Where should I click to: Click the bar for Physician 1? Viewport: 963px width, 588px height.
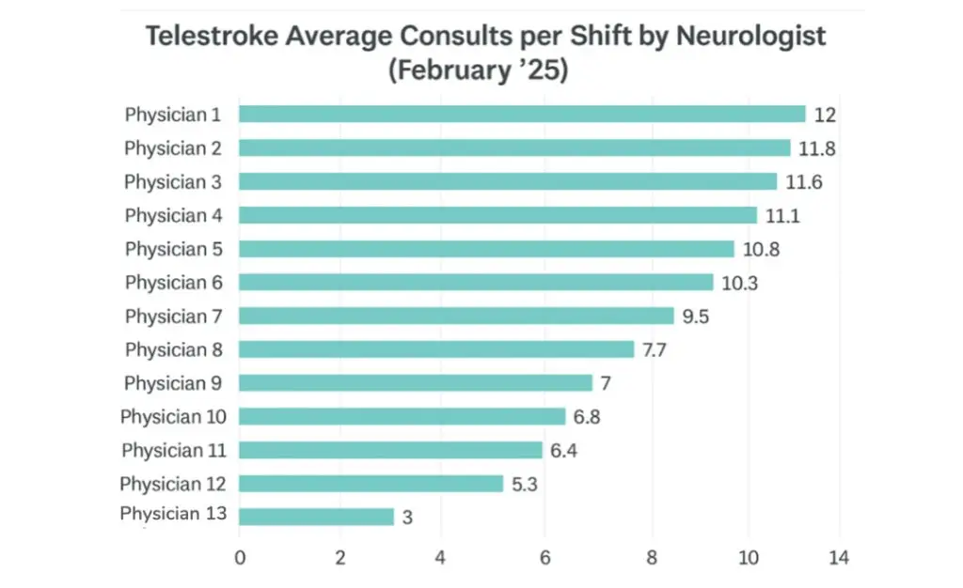pyautogui.click(x=522, y=115)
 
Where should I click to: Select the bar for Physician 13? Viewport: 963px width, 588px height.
pyautogui.click(x=316, y=517)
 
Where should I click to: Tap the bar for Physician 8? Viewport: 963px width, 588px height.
pyautogui.click(x=436, y=349)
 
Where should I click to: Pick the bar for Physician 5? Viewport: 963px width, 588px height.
pyautogui.click(x=486, y=249)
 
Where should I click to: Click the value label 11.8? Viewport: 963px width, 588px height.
pyautogui.click(x=817, y=148)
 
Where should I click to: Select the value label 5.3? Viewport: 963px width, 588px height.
pyautogui.click(x=525, y=484)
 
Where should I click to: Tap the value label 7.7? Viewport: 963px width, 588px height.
pyautogui.click(x=655, y=349)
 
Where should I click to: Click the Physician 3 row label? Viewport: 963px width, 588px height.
pyautogui.click(x=173, y=181)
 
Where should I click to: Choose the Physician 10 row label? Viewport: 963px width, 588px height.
pyautogui.click(x=173, y=416)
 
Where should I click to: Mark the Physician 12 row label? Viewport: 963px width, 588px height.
pyautogui.click(x=173, y=484)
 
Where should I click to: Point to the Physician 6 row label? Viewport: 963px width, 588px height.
pyautogui.click(x=173, y=282)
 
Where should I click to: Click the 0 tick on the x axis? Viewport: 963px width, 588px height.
pyautogui.click(x=240, y=557)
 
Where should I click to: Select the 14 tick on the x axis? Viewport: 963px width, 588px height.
pyautogui.click(x=839, y=557)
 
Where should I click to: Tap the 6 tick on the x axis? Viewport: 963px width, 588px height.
pyautogui.click(x=545, y=557)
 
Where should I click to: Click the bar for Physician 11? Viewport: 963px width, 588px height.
pyautogui.click(x=390, y=450)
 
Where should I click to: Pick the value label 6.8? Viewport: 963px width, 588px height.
pyautogui.click(x=587, y=417)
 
